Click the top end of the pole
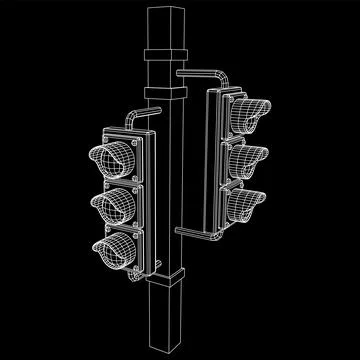(163, 10)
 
